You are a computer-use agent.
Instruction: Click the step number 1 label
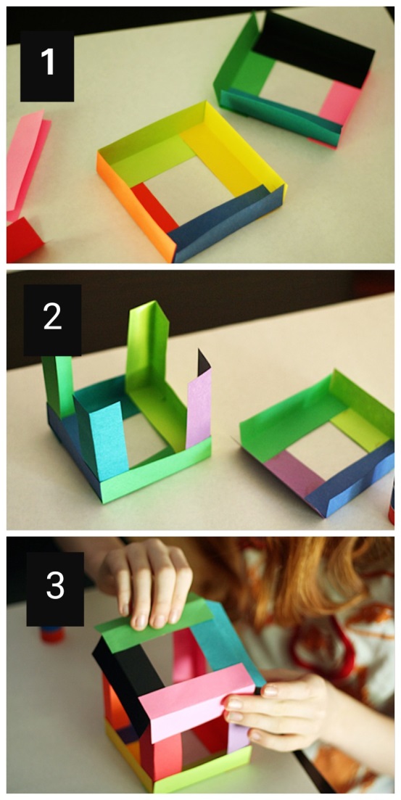(47, 66)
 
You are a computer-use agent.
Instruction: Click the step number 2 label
(52, 320)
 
